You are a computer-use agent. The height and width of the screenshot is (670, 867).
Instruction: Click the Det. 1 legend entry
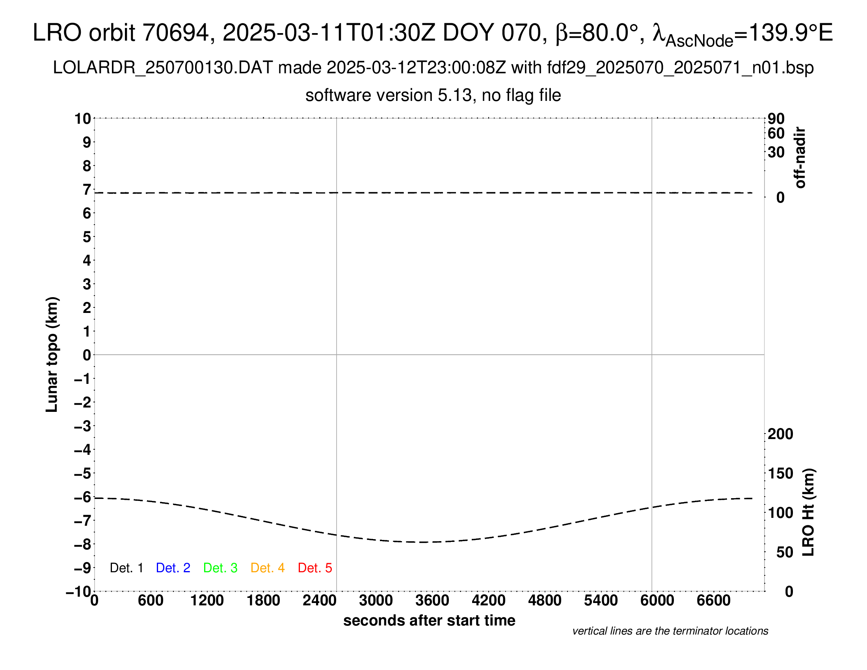pyautogui.click(x=126, y=568)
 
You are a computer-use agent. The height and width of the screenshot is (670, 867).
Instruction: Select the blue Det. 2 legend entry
pyautogui.click(x=173, y=568)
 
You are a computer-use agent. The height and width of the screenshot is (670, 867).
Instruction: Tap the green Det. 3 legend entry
pyautogui.click(x=220, y=568)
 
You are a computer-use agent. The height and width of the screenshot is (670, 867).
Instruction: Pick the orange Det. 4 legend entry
pyautogui.click(x=268, y=568)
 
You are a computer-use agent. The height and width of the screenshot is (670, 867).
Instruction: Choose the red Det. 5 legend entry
pyautogui.click(x=315, y=568)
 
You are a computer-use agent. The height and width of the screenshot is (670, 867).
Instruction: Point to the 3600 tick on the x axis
pyautogui.click(x=432, y=601)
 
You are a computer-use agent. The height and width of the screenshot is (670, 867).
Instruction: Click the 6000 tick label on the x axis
pyautogui.click(x=657, y=601)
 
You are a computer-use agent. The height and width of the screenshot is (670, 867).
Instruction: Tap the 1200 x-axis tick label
pyautogui.click(x=207, y=601)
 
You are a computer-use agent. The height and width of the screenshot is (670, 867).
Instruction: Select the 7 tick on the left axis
pyautogui.click(x=87, y=190)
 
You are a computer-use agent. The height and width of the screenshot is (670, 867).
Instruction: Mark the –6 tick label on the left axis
pyautogui.click(x=83, y=497)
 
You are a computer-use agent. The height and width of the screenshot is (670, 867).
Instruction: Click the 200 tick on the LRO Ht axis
pyautogui.click(x=780, y=434)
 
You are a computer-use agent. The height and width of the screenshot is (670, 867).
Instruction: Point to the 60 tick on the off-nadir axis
pyautogui.click(x=776, y=133)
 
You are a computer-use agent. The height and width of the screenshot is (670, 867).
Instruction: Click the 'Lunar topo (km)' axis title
pyautogui.click(x=52, y=354)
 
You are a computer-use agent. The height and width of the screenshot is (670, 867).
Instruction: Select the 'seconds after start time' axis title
pyautogui.click(x=429, y=621)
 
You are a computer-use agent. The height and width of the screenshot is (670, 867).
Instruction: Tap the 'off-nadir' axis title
pyautogui.click(x=800, y=158)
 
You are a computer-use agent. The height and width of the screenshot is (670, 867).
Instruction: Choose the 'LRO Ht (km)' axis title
pyautogui.click(x=808, y=512)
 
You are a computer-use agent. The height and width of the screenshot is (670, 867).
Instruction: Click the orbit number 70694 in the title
pyautogui.click(x=175, y=33)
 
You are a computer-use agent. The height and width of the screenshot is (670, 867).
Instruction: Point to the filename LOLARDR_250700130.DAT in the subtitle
pyautogui.click(x=163, y=68)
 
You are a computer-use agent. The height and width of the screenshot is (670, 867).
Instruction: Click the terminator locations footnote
pyautogui.click(x=670, y=631)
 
